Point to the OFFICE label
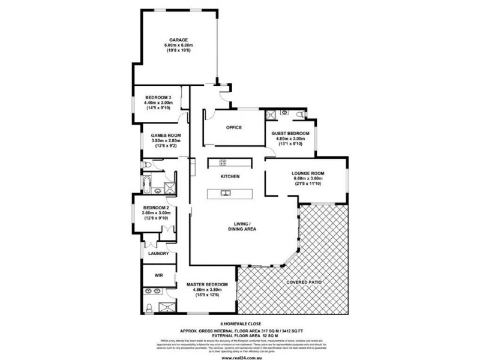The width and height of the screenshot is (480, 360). click(233, 128)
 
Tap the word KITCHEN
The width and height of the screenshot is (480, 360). click(230, 176)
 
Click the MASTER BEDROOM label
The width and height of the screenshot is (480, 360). click(207, 284)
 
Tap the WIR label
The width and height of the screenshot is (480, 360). click(160, 275)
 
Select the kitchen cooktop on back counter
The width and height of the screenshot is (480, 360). click(222, 162)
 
